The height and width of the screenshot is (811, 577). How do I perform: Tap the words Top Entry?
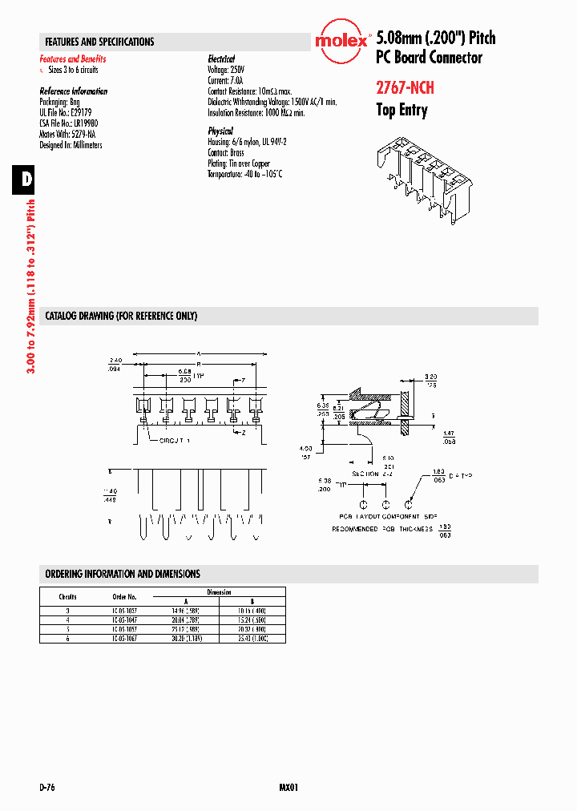(x=401, y=111)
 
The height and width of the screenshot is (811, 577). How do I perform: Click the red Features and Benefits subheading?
(x=73, y=59)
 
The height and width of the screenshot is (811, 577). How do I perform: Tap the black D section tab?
(x=25, y=179)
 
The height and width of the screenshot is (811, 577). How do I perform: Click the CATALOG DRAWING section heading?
(x=121, y=316)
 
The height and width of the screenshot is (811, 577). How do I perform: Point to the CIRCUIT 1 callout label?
(x=175, y=441)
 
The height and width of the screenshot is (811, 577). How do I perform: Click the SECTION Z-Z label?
(x=369, y=474)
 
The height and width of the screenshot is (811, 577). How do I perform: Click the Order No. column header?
(x=124, y=597)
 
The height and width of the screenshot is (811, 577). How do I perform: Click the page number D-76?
(x=46, y=788)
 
